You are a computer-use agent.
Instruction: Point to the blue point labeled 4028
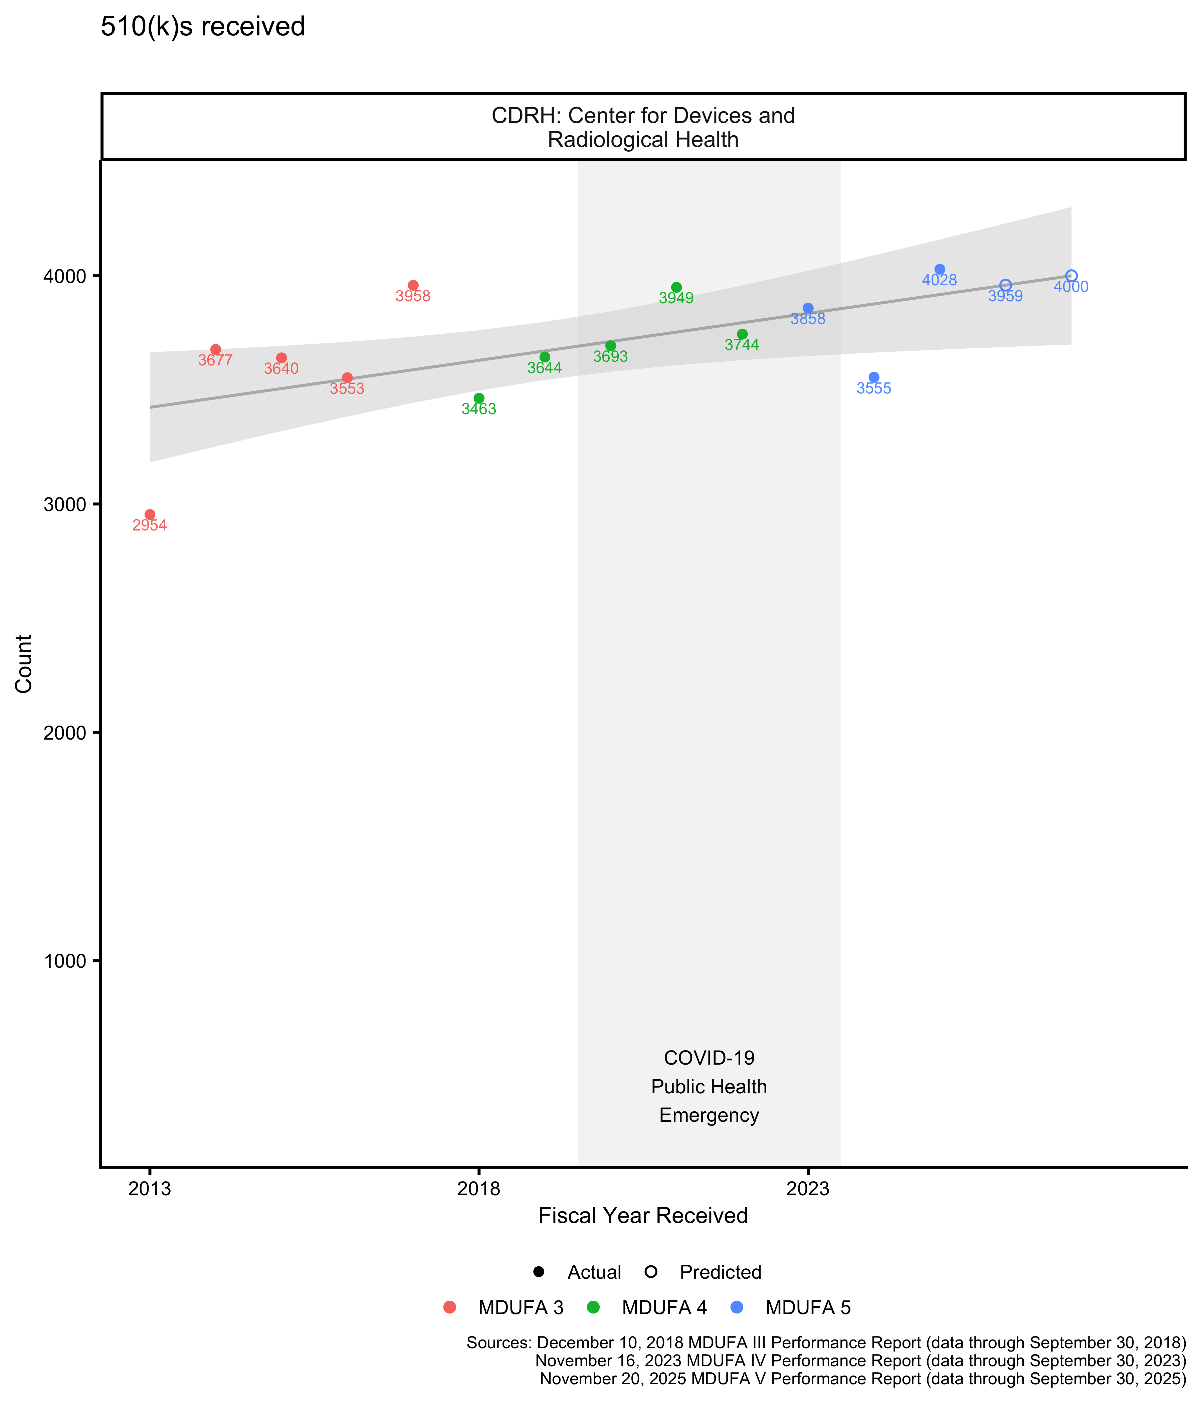940,270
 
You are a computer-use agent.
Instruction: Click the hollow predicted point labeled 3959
1006,285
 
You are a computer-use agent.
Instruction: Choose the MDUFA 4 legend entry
663,1307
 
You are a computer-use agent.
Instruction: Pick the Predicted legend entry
720,1272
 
